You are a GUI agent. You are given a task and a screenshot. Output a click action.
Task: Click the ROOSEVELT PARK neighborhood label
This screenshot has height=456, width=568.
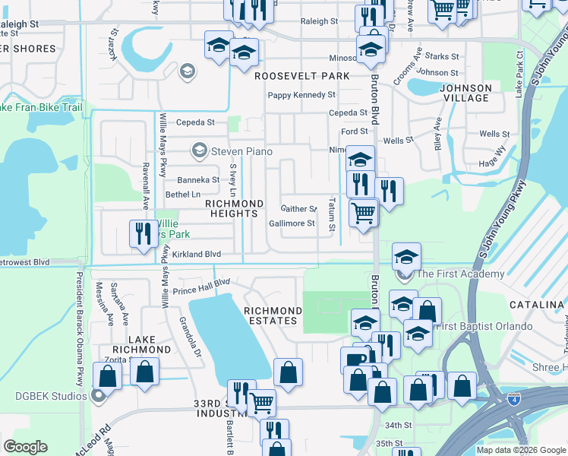tap(302, 76)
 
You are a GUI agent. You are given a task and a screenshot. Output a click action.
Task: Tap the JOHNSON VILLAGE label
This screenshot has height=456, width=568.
tap(465, 93)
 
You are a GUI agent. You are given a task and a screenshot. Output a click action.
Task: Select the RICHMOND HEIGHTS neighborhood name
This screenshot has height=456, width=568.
tap(235, 209)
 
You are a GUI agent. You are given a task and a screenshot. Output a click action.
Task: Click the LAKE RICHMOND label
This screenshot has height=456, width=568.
tap(139, 344)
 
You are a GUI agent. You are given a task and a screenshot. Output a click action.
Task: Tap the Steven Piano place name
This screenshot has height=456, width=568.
tap(241, 152)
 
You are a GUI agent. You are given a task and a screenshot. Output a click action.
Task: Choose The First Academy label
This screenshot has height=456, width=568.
tap(459, 274)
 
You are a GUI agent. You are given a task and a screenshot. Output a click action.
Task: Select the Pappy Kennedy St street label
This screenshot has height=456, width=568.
tap(301, 95)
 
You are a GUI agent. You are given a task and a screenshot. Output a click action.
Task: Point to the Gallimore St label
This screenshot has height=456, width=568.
tap(292, 223)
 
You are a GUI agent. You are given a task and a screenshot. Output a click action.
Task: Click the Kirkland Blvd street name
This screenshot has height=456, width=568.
tap(196, 254)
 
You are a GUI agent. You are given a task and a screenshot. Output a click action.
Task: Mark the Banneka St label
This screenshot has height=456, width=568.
tap(198, 180)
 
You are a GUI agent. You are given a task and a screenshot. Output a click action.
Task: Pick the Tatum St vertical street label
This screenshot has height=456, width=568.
tap(331, 215)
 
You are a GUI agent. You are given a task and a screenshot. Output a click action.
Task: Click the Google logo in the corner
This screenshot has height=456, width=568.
tap(25, 447)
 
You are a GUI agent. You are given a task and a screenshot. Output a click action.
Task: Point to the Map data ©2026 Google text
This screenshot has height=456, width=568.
tap(519, 450)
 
